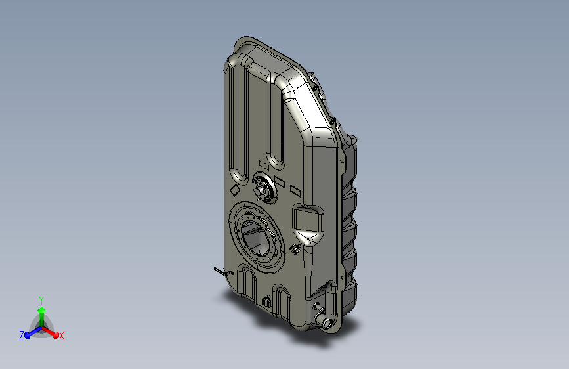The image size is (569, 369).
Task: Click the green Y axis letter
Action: click(x=41, y=300)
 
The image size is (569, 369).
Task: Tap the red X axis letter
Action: click(x=61, y=336)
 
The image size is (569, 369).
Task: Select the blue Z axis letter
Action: click(x=22, y=336)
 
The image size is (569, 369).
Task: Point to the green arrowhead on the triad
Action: click(x=42, y=310)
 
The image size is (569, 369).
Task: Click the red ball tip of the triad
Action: click(x=56, y=336)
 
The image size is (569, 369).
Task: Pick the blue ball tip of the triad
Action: click(x=28, y=336)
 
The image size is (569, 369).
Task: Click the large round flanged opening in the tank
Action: click(x=257, y=237)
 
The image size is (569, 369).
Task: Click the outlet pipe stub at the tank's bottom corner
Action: click(x=323, y=320)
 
